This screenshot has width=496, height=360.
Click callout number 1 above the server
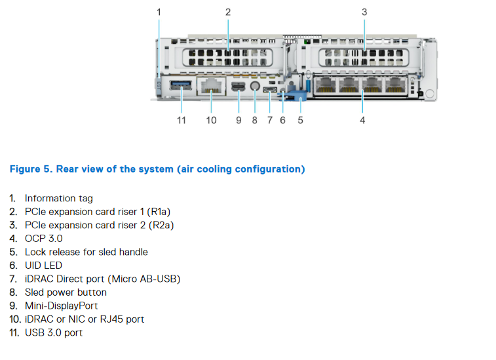159,12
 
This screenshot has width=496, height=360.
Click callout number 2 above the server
227,12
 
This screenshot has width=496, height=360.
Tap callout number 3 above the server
364,12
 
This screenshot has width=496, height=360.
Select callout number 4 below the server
362,120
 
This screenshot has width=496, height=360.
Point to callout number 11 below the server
181,120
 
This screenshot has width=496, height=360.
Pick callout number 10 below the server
211,120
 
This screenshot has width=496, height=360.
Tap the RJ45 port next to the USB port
211,86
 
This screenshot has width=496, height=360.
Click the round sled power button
254,86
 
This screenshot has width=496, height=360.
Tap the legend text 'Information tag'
59,198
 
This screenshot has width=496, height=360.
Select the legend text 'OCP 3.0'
44,239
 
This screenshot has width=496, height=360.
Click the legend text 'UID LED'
43,266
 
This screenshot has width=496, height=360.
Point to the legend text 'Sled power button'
66,292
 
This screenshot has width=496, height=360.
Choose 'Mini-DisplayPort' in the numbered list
63,306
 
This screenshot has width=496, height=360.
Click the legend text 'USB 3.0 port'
54,332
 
